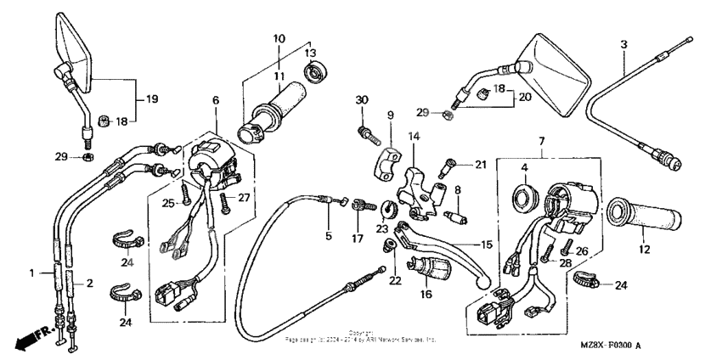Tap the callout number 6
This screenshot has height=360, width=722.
pyautogui.click(x=216, y=100)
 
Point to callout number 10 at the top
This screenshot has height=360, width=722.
pyautogui.click(x=279, y=39)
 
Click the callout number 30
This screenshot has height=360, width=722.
pyautogui.click(x=360, y=101)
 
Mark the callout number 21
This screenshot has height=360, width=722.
pyautogui.click(x=480, y=165)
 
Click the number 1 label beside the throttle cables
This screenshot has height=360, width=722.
pyautogui.click(x=32, y=273)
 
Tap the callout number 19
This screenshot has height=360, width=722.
pyautogui.click(x=152, y=99)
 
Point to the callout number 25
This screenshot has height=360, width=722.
pyautogui.click(x=168, y=202)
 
